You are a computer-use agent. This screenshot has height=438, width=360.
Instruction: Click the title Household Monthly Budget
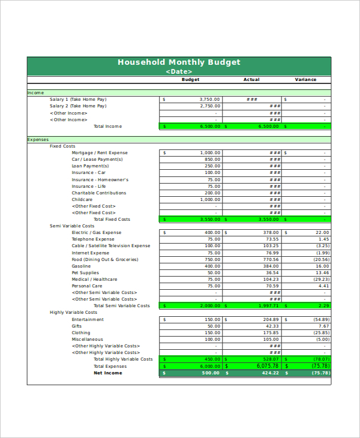[x=179, y=62]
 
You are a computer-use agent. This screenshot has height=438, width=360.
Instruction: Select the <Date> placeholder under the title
[x=179, y=71]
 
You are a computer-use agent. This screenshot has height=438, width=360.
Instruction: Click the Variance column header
[x=305, y=80]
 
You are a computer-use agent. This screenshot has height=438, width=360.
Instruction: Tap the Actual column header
[x=251, y=80]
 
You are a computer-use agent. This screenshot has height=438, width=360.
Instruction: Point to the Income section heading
[x=36, y=93]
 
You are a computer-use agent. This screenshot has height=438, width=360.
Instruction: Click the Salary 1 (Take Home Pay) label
[x=78, y=100]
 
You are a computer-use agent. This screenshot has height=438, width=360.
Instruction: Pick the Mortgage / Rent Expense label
[x=100, y=153]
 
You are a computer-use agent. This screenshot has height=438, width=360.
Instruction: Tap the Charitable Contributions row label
[x=99, y=193]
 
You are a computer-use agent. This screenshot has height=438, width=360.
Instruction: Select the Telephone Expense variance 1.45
[x=323, y=239]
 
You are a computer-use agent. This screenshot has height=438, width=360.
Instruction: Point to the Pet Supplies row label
[x=86, y=273]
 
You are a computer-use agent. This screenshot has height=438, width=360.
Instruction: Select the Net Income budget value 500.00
[x=211, y=373]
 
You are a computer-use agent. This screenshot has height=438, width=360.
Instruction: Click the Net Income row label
[x=107, y=373]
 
